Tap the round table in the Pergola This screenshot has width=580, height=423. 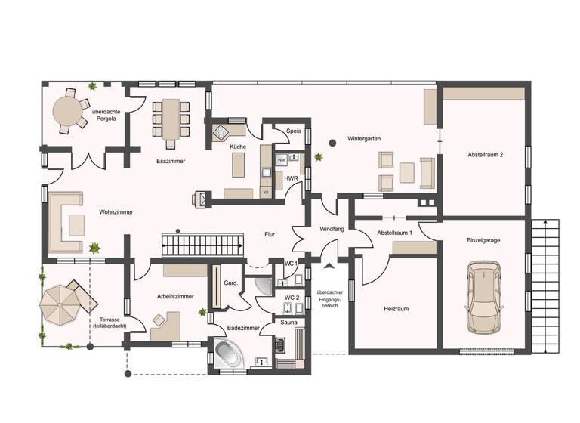point(69,114)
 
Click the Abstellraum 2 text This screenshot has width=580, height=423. point(485,154)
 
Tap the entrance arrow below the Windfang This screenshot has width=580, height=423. point(328,265)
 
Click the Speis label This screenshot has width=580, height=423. point(294,131)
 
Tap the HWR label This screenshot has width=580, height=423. point(291,178)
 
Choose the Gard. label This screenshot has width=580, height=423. point(231,283)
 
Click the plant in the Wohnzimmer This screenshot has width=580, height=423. point(94,247)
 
